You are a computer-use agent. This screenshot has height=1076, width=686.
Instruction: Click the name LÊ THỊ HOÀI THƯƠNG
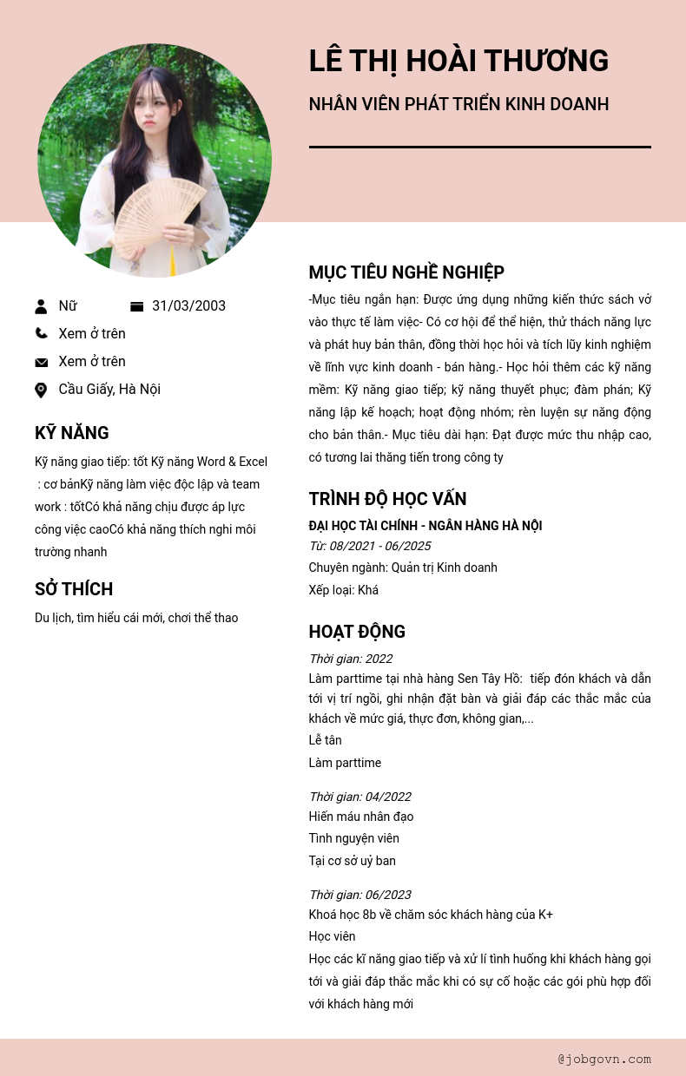point(458,61)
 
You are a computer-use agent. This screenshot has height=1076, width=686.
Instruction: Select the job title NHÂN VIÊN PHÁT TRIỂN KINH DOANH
point(458,104)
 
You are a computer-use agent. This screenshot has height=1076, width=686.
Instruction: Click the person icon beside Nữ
point(41,306)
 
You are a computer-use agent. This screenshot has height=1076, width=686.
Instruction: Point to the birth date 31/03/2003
point(188,306)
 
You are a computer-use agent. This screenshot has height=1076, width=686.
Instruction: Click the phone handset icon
point(41,333)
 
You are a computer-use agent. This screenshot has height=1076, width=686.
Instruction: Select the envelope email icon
point(41,362)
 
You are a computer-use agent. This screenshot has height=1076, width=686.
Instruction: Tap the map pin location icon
point(41,390)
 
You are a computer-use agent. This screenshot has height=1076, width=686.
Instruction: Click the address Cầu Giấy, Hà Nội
point(109,390)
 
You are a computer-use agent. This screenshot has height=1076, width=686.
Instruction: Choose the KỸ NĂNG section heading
point(72,433)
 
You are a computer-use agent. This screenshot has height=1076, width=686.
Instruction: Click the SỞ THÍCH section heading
point(74,589)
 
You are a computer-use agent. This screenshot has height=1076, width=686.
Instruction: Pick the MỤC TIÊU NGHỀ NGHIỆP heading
point(406,272)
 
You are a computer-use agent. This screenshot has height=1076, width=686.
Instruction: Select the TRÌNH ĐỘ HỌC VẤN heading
point(387,499)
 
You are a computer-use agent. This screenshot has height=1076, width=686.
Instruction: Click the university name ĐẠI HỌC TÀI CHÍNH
point(425,526)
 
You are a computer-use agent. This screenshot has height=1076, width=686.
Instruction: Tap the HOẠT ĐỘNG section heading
point(357,632)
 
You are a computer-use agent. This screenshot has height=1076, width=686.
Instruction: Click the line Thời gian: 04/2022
point(359,797)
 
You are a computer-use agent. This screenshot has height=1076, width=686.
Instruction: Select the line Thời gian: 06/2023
point(359,895)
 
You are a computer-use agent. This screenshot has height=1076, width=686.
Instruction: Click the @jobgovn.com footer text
point(604,1059)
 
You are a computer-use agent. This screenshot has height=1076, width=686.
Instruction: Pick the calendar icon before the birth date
point(136,306)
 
